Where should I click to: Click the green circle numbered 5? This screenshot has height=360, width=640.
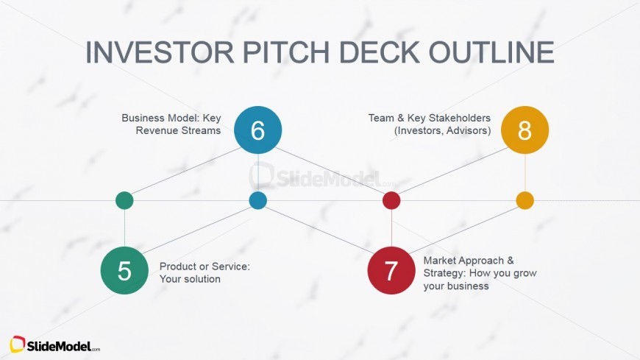(124, 270)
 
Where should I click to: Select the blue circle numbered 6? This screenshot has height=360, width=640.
(258, 130)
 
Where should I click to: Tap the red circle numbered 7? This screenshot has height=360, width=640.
(391, 270)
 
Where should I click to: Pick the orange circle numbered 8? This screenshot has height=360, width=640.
(525, 130)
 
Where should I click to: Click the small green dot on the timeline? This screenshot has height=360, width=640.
(124, 201)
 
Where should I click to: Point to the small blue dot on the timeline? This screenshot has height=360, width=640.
(258, 201)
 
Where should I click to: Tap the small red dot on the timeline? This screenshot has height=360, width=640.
(391, 201)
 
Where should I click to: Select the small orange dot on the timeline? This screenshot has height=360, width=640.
(525, 201)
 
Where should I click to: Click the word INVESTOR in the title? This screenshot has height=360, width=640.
(160, 52)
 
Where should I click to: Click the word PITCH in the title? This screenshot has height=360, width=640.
(286, 52)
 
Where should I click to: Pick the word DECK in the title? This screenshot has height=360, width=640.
(379, 52)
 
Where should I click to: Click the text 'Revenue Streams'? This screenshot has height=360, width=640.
(178, 130)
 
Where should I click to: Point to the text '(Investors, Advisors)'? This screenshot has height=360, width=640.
(442, 131)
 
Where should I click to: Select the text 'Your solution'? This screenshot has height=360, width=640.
(190, 279)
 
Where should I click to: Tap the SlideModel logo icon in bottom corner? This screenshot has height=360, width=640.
(18, 345)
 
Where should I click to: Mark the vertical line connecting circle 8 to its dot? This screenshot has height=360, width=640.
(525, 173)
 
